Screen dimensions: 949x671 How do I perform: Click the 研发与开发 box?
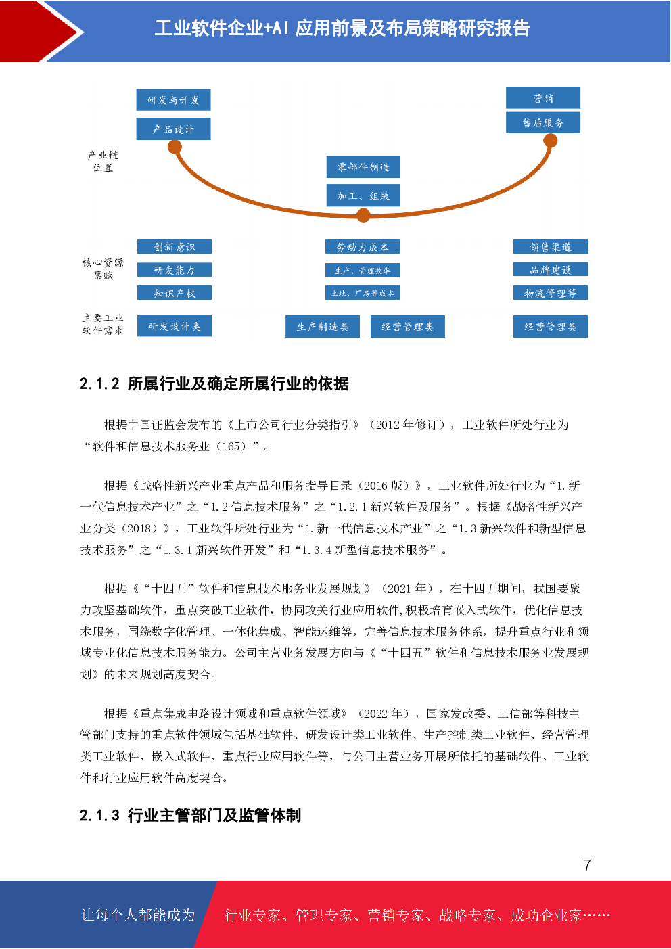coord(173,100)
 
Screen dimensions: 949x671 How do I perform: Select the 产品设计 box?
coord(173,129)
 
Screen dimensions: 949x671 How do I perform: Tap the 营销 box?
coord(543,98)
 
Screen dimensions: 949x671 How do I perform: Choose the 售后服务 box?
coord(543,122)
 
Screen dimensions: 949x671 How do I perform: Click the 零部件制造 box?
coord(363,167)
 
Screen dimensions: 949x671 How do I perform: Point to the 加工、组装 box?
coord(363,196)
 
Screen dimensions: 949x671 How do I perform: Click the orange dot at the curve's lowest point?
coord(363,215)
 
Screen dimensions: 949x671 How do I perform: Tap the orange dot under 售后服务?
coord(551,141)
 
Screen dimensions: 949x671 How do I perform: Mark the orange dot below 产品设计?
coord(175,147)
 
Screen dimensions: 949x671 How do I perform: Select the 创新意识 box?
coord(175,247)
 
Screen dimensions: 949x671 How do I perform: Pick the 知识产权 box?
coord(175,293)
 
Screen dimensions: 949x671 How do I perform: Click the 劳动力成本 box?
coord(363,247)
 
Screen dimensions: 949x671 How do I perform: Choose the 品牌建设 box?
coord(551,270)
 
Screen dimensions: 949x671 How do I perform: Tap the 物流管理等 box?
coord(551,293)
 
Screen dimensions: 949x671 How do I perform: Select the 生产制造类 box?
coord(323,327)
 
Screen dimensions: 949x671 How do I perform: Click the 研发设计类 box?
coord(175,326)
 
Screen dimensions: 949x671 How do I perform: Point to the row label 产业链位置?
coord(103,161)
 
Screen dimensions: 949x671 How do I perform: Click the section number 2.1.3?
coord(99,816)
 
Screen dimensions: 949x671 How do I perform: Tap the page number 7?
coord(586,865)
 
